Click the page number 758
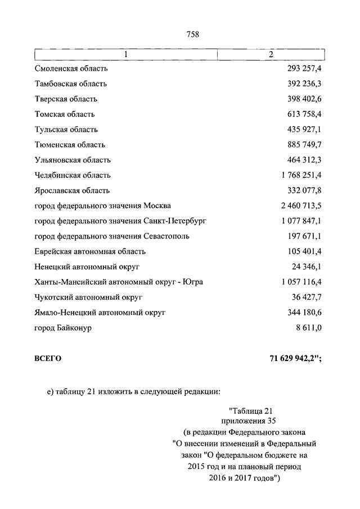click(x=193, y=34)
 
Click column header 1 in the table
click(x=126, y=55)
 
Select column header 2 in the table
click(x=271, y=55)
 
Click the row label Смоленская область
click(x=71, y=69)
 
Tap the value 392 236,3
click(x=304, y=84)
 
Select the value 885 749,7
click(x=304, y=145)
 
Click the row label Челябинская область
click(x=73, y=175)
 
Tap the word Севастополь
click(x=166, y=236)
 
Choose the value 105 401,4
click(x=304, y=251)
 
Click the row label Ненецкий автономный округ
click(x=87, y=267)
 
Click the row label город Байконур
click(x=63, y=327)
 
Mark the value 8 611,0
click(x=308, y=327)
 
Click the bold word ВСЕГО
click(x=48, y=358)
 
